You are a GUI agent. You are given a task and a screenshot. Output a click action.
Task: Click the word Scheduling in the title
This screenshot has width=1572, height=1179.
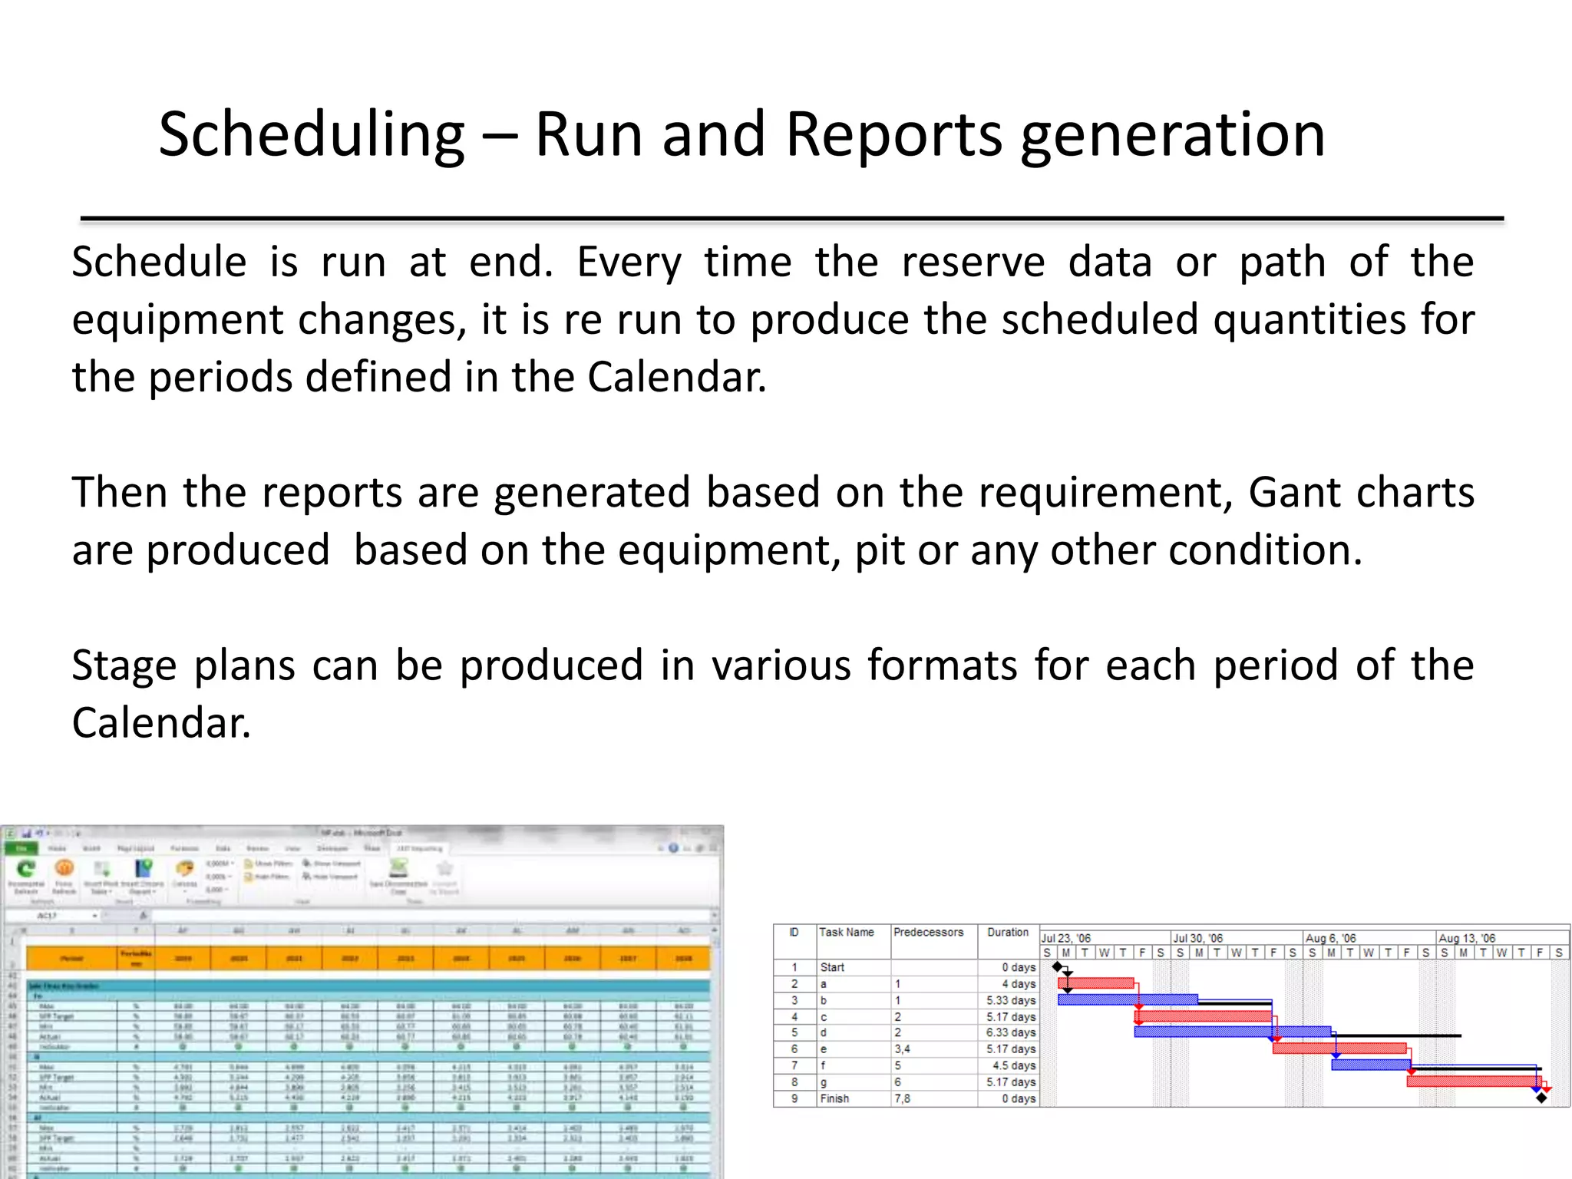[x=312, y=136]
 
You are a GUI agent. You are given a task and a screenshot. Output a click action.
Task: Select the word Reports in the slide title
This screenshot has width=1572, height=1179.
[x=893, y=136]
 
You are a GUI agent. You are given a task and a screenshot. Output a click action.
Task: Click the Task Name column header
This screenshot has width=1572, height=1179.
[x=846, y=932]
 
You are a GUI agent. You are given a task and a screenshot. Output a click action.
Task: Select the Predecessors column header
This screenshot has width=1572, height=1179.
[x=928, y=932]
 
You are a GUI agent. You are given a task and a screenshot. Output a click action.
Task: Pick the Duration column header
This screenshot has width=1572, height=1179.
[x=1007, y=932]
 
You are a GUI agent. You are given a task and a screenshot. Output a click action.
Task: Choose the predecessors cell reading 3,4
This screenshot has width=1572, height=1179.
[x=902, y=1049]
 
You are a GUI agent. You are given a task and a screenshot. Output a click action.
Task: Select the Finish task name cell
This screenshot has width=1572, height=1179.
[x=834, y=1098]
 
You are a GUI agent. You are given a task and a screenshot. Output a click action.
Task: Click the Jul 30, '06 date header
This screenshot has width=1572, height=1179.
[x=1197, y=938]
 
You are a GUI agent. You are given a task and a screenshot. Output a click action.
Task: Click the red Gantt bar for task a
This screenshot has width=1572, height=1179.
[x=1095, y=982]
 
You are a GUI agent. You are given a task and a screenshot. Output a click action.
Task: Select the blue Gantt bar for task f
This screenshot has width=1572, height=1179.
[x=1370, y=1065]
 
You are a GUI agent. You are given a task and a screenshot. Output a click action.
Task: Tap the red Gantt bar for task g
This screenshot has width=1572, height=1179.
[x=1472, y=1081]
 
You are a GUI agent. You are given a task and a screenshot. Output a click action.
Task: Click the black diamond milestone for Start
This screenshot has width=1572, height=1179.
[x=1057, y=966]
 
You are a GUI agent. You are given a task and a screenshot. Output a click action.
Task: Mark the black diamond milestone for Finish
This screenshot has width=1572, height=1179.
[x=1541, y=1098]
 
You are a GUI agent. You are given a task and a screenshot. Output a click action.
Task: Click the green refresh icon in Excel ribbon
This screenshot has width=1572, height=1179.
[x=26, y=869]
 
